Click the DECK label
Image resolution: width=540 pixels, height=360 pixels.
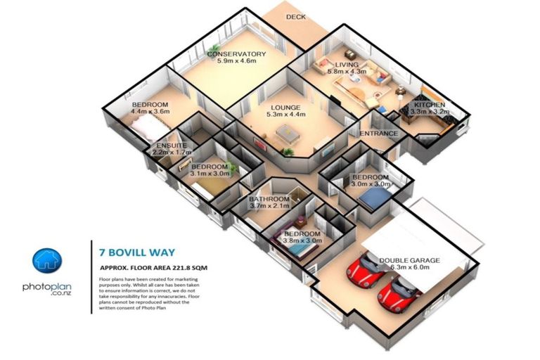coord(295,17)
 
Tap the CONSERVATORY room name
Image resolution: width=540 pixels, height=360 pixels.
coord(236,54)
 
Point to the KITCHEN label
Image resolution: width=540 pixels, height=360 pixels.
coord(428,105)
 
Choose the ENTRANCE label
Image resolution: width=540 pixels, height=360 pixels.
coord(379,134)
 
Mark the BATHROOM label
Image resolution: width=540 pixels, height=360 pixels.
coord(269,200)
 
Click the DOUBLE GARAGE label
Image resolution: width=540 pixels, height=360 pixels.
coord(409,261)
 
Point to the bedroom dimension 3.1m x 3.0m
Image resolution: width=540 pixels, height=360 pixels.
coord(210,174)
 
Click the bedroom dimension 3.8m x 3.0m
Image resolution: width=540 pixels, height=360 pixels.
coord(302,240)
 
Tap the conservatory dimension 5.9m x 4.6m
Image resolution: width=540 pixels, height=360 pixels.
coord(236,62)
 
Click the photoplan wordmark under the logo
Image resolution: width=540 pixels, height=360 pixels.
coord(47,288)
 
